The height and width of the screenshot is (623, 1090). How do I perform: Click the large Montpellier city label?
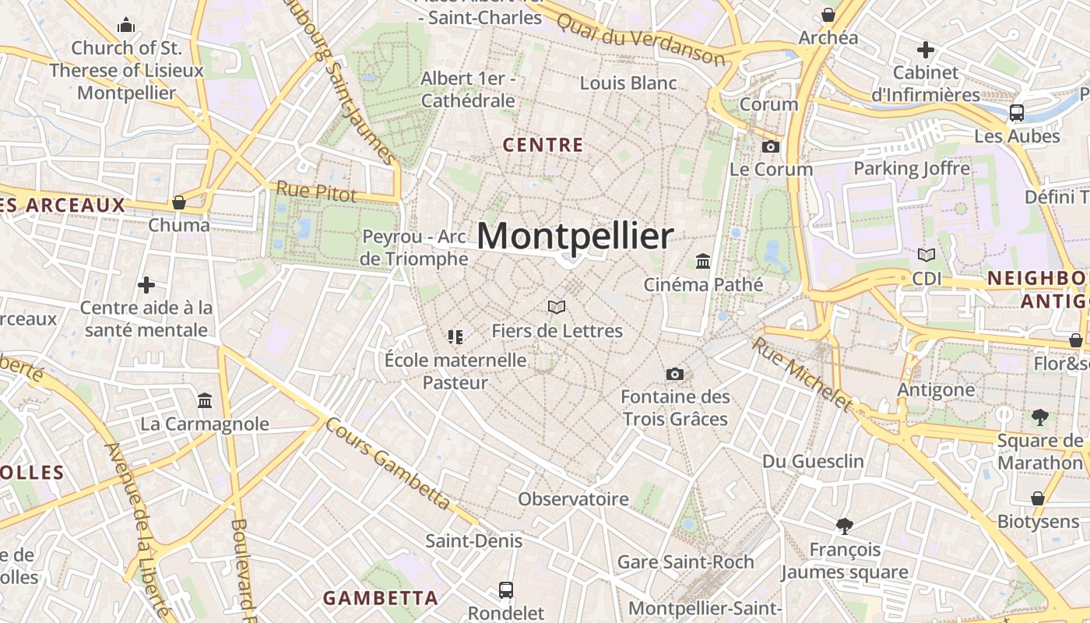[x=575, y=236]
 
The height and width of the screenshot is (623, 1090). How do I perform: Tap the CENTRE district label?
[x=543, y=145]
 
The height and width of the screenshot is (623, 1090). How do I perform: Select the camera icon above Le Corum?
[x=771, y=146]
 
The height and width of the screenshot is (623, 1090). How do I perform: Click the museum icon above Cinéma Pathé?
[x=703, y=261]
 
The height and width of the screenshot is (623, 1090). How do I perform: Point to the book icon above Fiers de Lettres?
[x=557, y=307]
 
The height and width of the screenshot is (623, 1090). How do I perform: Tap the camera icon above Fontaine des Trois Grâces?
[x=675, y=374]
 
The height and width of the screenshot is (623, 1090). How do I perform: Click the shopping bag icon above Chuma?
[x=179, y=202]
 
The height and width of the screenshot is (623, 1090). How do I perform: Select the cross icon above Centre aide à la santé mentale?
[x=146, y=285]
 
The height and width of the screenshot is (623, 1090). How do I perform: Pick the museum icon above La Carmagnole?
[x=205, y=400]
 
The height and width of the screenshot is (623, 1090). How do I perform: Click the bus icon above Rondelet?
[x=506, y=590]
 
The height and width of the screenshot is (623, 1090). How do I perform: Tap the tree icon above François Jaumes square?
[x=844, y=526]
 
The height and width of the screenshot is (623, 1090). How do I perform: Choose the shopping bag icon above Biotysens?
[x=1038, y=498]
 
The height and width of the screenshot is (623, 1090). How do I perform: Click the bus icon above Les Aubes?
[x=1017, y=112]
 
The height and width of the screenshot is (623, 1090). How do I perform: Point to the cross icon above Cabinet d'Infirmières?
[x=925, y=50]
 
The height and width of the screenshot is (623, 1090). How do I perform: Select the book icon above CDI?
[x=926, y=255]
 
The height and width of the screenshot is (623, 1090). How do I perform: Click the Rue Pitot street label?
[x=316, y=192]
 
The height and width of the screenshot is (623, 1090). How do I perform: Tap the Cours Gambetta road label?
[x=387, y=465]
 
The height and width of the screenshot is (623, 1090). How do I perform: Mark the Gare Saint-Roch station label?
[x=685, y=561]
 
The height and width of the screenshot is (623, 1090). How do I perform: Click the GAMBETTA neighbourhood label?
[x=380, y=598]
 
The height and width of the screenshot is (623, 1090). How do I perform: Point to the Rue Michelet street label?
[x=802, y=373]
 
